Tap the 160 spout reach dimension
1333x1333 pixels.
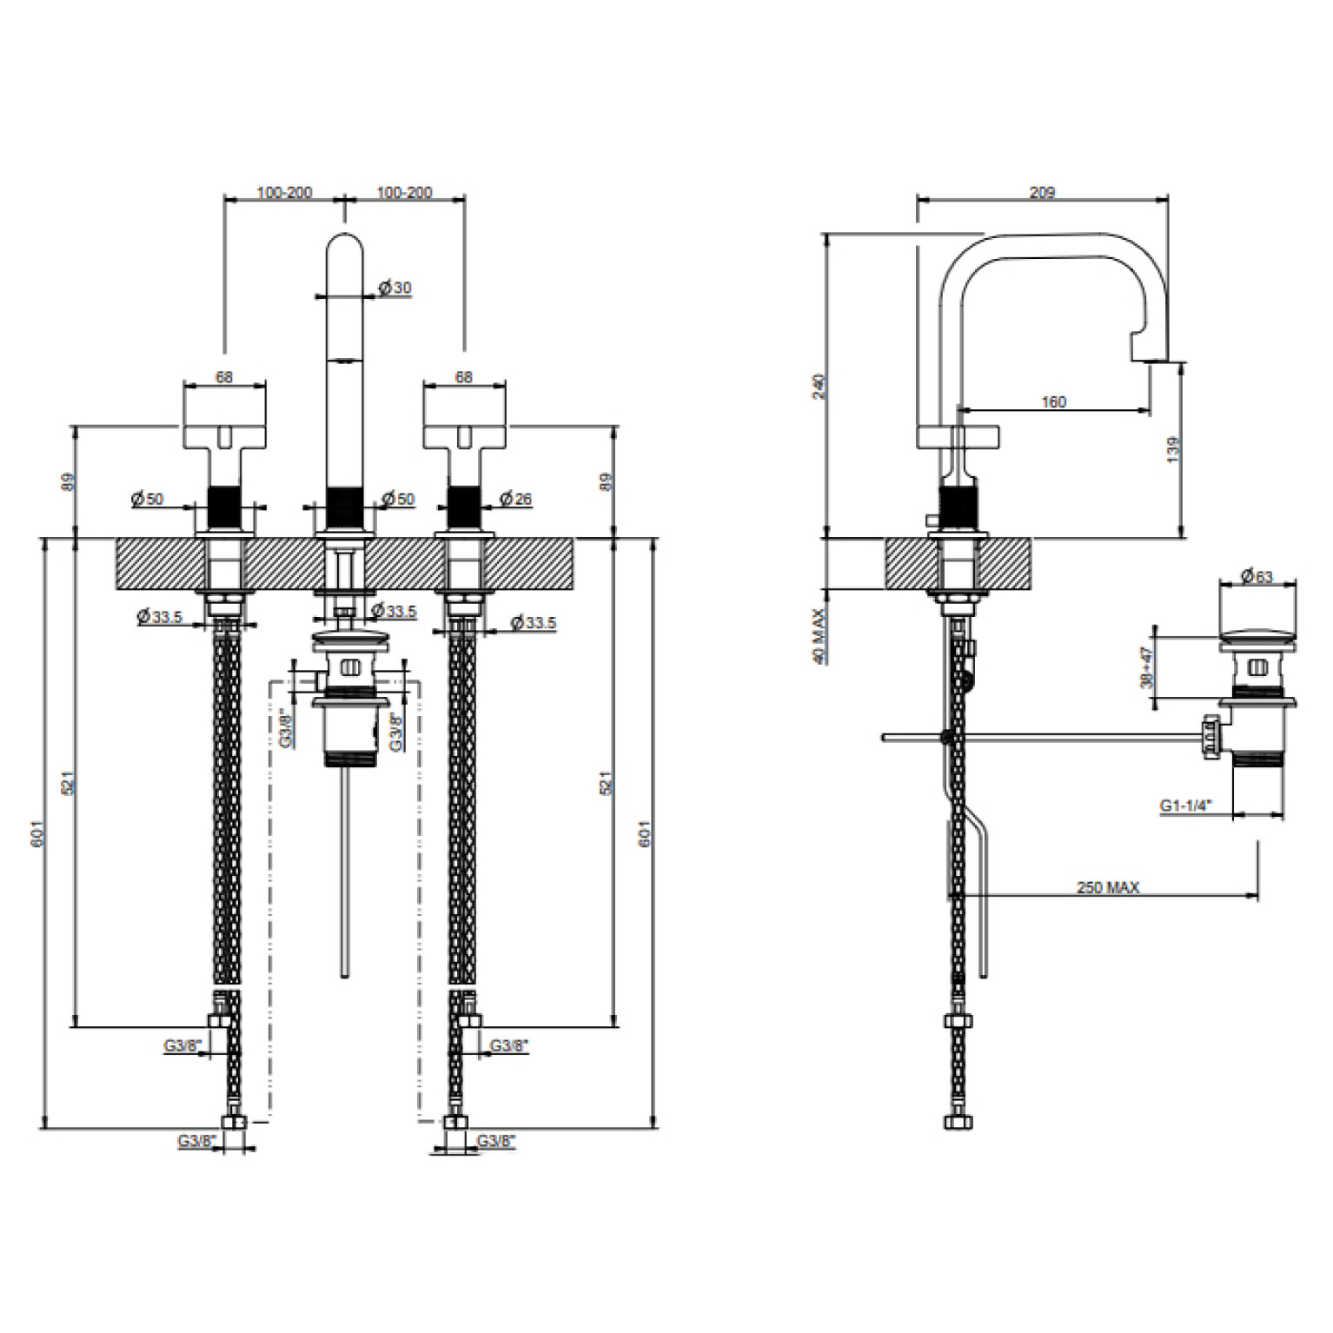coord(1053,401)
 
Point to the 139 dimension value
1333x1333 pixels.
coord(1174,449)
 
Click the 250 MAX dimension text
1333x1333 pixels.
coord(1108,887)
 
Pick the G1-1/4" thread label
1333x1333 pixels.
coord(1185,806)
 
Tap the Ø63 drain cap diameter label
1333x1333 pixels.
coord(1257,576)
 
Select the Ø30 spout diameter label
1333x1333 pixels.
coord(395,288)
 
